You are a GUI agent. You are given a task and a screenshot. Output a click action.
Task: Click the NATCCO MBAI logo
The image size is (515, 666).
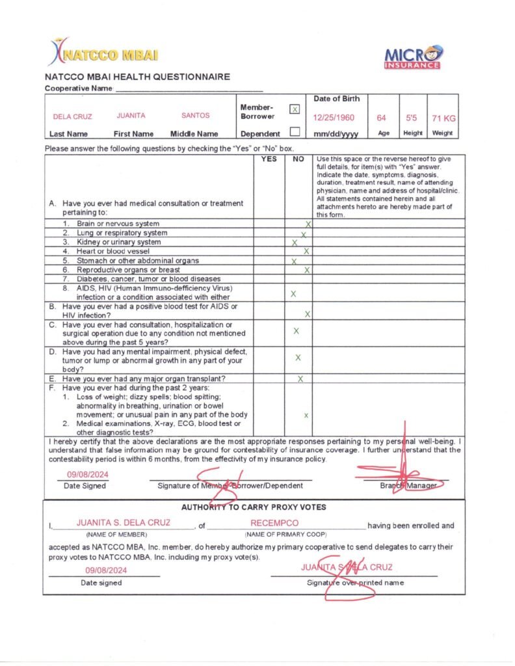pos(103,52)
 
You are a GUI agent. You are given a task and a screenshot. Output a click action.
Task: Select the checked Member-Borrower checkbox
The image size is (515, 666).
pos(294,109)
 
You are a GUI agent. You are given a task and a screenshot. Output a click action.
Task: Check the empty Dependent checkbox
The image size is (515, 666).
pos(294,131)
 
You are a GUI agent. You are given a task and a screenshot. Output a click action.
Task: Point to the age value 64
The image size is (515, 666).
pos(382,118)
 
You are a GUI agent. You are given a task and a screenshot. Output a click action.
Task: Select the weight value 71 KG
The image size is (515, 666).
pos(443,118)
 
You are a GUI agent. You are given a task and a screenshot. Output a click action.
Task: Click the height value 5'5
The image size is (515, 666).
pos(412,118)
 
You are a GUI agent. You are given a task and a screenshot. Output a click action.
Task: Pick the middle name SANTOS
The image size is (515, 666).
pos(196,116)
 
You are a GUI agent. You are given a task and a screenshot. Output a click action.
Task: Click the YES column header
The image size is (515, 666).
pos(269,159)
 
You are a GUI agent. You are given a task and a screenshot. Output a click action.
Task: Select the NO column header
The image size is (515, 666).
pos(298,159)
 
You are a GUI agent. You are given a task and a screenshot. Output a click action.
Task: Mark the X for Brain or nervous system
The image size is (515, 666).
pos(308,224)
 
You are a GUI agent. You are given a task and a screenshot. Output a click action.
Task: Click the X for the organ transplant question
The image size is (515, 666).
pos(300,379)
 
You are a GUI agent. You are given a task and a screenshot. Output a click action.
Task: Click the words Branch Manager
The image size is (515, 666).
pos(409,485)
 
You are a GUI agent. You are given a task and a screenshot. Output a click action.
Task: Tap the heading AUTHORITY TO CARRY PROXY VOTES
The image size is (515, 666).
pos(254,507)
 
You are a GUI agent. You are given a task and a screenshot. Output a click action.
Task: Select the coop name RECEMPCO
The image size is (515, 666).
pos(274,523)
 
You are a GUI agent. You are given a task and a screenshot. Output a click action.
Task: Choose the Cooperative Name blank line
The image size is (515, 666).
pos(189,88)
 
